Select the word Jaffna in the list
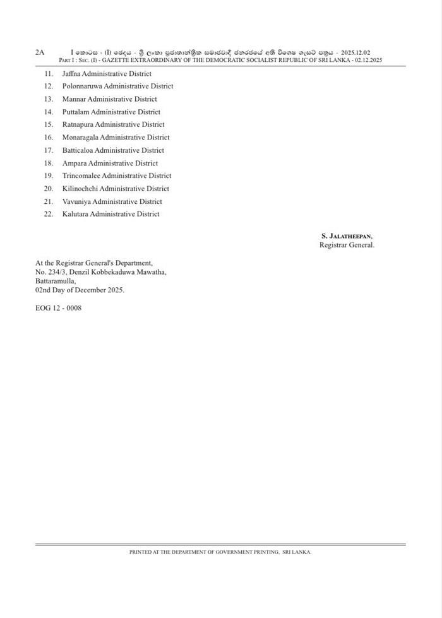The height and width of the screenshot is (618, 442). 71,74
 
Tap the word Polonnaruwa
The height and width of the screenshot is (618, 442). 82,86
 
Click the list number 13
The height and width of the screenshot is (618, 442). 49,99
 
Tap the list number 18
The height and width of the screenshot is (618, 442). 49,163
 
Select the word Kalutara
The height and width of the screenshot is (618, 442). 75,214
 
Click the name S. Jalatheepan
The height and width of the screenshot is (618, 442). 347,235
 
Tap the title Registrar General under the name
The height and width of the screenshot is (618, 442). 347,245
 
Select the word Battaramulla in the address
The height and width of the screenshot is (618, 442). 54,281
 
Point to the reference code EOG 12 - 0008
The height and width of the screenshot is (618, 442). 58,308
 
